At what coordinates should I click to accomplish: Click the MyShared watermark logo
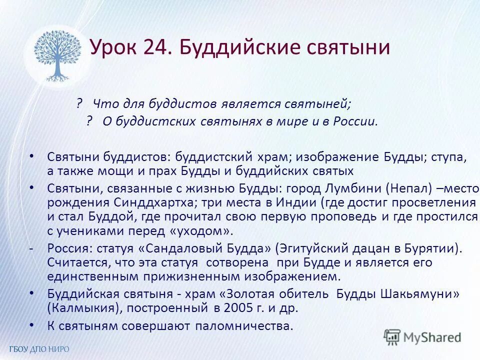(x=422, y=337)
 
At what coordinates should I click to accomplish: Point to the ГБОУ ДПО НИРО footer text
(x=38, y=349)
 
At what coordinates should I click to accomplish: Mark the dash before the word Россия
(x=31, y=248)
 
